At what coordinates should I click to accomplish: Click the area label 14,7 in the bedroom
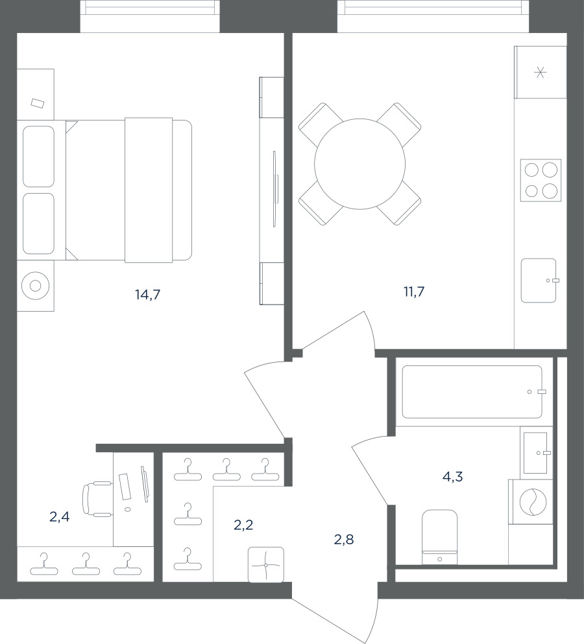pyautogui.click(x=148, y=295)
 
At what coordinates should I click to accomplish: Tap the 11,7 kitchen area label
pyautogui.click(x=414, y=292)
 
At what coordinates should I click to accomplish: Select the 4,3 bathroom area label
pyautogui.click(x=452, y=476)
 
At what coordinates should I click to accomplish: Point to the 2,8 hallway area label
pyautogui.click(x=344, y=539)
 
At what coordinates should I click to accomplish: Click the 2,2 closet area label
pyautogui.click(x=243, y=525)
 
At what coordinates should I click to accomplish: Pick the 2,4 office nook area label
pyautogui.click(x=60, y=516)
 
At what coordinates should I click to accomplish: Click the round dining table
pyautogui.click(x=360, y=164)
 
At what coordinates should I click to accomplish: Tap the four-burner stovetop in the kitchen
pyautogui.click(x=541, y=180)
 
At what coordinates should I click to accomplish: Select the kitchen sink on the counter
pyautogui.click(x=539, y=281)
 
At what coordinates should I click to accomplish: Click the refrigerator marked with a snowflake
pyautogui.click(x=541, y=73)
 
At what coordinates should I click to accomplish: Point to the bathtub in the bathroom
pyautogui.click(x=472, y=392)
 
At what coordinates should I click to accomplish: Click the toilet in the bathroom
pyautogui.click(x=440, y=537)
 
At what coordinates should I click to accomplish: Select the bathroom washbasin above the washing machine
pyautogui.click(x=536, y=453)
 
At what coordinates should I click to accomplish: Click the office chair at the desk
pyautogui.click(x=97, y=499)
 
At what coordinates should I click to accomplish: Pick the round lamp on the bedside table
pyautogui.click(x=36, y=286)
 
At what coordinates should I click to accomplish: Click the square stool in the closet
pyautogui.click(x=266, y=565)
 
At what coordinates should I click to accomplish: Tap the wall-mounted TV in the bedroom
pyautogui.click(x=275, y=189)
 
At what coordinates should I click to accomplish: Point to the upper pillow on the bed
pyautogui.click(x=39, y=157)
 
